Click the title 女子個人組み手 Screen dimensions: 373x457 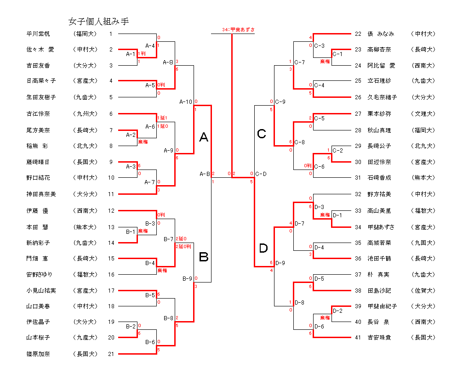(x=98, y=21)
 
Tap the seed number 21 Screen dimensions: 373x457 (x=111, y=354)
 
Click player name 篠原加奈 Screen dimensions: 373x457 (x=39, y=354)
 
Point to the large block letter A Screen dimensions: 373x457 (x=204, y=136)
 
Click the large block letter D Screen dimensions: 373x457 (x=263, y=249)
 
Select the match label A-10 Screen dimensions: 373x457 (x=186, y=102)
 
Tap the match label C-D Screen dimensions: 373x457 (x=261, y=174)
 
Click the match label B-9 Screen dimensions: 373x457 (x=187, y=278)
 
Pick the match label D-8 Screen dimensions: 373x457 (x=299, y=302)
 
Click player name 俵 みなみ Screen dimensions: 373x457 (x=381, y=34)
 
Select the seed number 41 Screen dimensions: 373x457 (x=358, y=338)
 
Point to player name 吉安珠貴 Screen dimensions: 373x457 (x=379, y=338)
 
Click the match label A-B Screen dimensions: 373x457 (x=205, y=174)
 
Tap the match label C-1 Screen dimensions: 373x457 (x=337, y=54)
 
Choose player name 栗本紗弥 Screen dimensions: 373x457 (x=379, y=113)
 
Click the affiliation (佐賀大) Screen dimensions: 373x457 (x=423, y=290)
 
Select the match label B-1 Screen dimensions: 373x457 (x=131, y=232)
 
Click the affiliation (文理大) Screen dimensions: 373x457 (x=423, y=113)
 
